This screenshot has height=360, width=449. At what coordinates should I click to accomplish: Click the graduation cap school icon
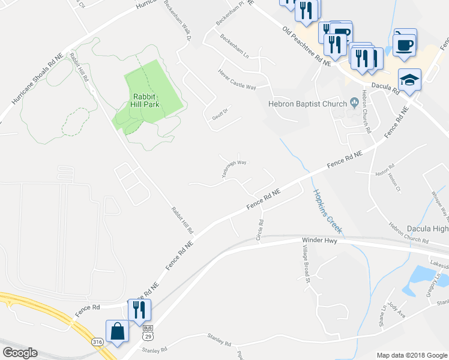pyautogui.click(x=409, y=80)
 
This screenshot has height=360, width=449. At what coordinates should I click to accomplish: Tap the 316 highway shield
pyautogui.click(x=97, y=341)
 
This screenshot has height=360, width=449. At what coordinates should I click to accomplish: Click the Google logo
pyautogui.click(x=20, y=352)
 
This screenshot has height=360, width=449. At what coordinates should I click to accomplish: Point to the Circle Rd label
pyautogui.click(x=261, y=230)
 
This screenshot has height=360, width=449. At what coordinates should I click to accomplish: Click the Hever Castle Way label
pyautogui.click(x=237, y=80)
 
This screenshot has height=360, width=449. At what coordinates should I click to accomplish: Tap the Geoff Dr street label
pyautogui.click(x=220, y=114)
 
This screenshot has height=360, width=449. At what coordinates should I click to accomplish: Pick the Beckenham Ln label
pyautogui.click(x=234, y=46)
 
